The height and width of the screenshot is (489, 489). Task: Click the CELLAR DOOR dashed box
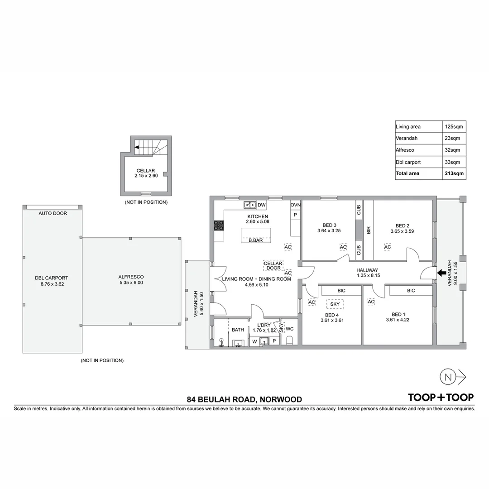(x=273, y=266)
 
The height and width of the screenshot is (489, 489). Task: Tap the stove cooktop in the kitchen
(x=219, y=225)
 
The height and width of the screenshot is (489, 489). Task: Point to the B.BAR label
(x=256, y=240)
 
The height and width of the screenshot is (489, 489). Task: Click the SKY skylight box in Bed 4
(x=335, y=304)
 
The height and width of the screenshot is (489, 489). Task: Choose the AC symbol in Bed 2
(x=388, y=247)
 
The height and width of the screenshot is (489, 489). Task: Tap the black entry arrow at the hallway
(x=440, y=273)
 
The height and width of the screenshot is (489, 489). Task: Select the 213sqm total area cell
(x=454, y=173)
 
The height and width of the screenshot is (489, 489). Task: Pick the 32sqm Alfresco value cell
(x=454, y=150)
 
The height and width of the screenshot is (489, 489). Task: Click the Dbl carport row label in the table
(x=408, y=162)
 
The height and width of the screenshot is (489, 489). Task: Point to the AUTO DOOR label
(x=53, y=213)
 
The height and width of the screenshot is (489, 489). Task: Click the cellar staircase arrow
(x=136, y=147)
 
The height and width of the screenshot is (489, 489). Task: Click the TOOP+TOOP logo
(x=441, y=398)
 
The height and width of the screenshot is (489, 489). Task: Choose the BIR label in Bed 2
(x=368, y=230)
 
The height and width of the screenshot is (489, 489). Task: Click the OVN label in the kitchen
(x=295, y=205)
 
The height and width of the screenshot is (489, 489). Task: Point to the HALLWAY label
(x=367, y=270)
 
